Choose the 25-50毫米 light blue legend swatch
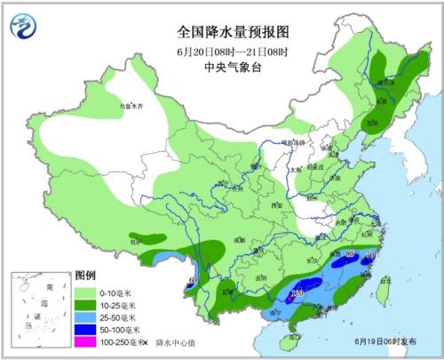(86, 317)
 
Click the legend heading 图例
(84, 277)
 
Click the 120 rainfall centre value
(298, 292)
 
